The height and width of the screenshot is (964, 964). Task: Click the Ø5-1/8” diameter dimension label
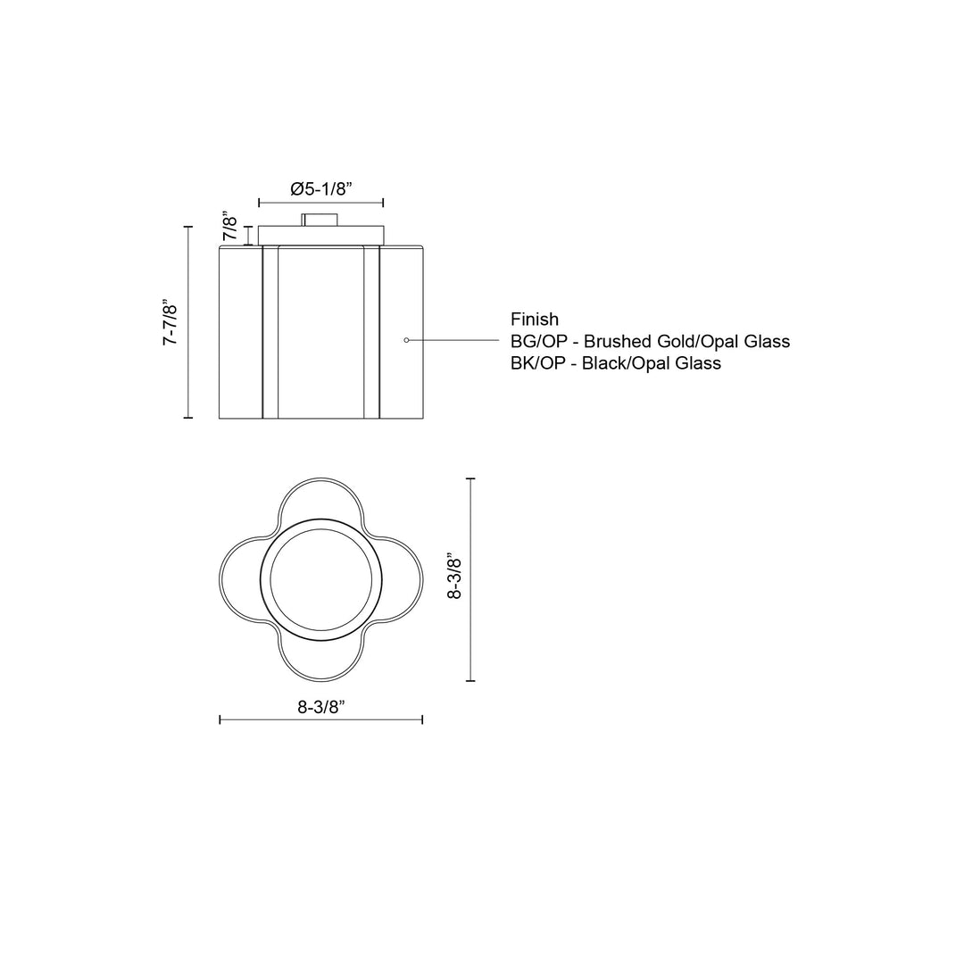(321, 188)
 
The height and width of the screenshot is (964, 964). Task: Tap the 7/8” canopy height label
(230, 227)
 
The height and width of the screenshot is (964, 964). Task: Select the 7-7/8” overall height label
(170, 322)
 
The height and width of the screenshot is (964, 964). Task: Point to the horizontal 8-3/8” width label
(321, 707)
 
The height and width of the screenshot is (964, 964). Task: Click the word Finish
(535, 319)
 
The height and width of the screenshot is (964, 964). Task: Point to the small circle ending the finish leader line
(407, 340)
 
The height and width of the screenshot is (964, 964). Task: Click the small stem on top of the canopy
(320, 220)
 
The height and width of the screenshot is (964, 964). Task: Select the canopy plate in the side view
(320, 235)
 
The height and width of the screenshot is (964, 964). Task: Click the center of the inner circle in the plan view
(320, 578)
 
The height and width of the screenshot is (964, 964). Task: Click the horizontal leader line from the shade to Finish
(455, 340)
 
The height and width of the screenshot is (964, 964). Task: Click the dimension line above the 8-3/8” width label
(321, 719)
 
